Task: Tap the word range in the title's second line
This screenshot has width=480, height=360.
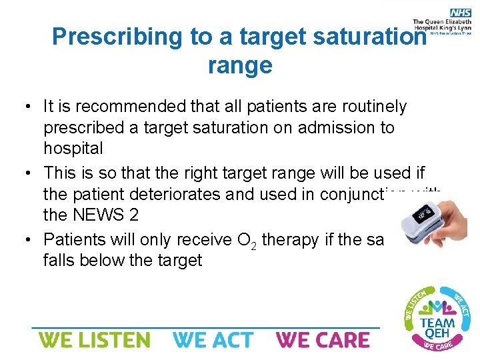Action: click(x=240, y=65)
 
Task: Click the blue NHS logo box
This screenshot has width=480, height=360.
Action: click(x=460, y=13)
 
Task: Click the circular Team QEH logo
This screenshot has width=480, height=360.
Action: click(x=437, y=317)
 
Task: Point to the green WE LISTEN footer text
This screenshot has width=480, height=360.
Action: click(x=95, y=340)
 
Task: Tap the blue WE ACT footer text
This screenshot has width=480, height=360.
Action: click(x=213, y=340)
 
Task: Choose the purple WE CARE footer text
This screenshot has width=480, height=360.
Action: click(x=323, y=340)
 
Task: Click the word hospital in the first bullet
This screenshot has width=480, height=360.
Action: click(x=73, y=148)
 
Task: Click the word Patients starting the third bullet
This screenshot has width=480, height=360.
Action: click(x=73, y=239)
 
